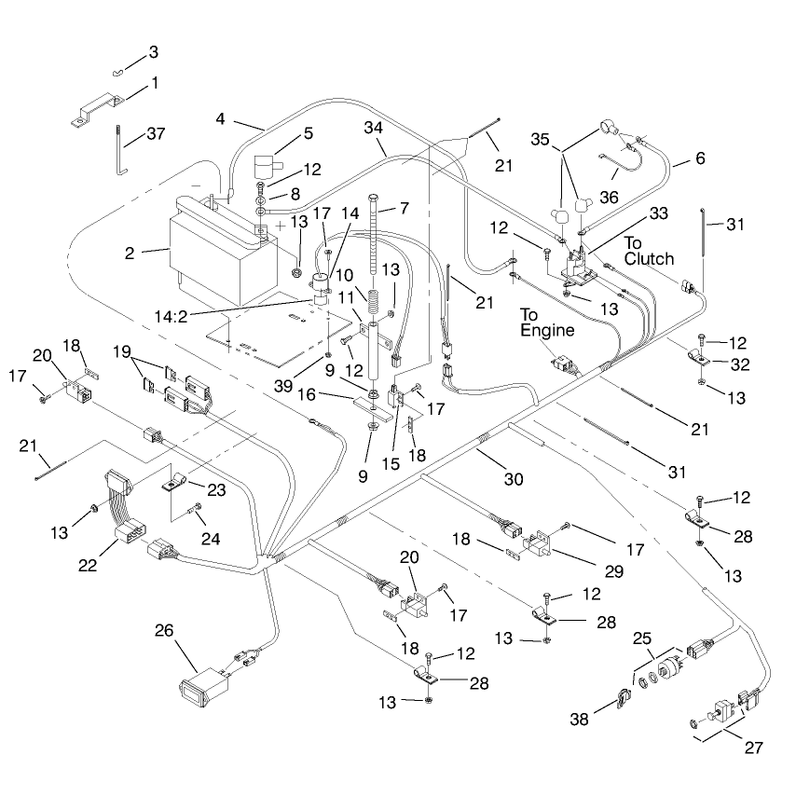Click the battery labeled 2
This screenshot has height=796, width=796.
tap(224, 252)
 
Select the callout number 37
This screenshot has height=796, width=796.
tap(156, 133)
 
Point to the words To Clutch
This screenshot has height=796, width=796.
tap(649, 251)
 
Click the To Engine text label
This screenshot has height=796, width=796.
tap(547, 323)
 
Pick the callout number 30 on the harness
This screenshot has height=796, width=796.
tap(514, 479)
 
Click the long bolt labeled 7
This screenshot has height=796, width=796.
tap(374, 235)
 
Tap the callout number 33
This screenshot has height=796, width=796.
tap(658, 213)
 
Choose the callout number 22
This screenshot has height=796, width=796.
tap(88, 565)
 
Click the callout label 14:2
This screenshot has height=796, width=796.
tap(171, 316)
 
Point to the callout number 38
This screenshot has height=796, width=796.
tap(579, 719)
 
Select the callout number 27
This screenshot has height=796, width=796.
tap(754, 748)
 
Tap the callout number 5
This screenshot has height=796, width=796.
tap(309, 133)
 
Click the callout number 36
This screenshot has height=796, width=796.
tap(609, 197)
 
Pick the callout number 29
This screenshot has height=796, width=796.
tap(613, 571)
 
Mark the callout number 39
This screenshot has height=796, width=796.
tap(283, 386)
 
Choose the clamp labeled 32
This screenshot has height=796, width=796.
tap(699, 357)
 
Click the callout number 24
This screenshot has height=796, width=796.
tap(210, 538)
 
